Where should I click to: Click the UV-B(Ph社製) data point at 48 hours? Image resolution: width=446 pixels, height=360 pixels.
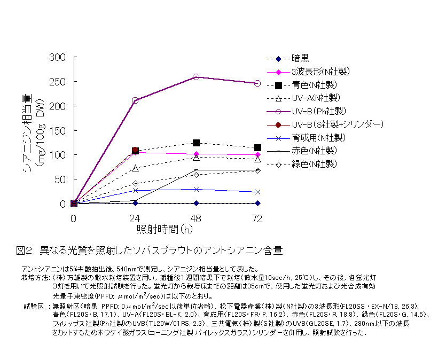196,77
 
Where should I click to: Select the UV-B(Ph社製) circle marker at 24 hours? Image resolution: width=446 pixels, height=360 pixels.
135,100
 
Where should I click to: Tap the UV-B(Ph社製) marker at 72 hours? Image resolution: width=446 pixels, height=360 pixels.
257,83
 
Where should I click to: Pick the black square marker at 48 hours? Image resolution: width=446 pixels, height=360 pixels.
196,143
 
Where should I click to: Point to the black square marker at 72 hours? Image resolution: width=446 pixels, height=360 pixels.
257,147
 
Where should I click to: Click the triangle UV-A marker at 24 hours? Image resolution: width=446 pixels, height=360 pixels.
135,168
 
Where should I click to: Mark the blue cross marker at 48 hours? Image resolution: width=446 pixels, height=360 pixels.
196,189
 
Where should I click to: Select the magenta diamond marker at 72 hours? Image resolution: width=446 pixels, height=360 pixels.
257,155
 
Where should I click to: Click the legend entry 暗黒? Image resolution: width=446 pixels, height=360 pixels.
300,59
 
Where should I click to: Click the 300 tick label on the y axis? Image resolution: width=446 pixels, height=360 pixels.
57,58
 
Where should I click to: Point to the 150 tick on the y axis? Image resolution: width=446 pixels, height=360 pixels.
57,131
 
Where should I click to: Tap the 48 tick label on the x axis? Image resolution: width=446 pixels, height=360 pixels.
196,218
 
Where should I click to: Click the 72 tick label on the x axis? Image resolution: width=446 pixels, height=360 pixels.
257,218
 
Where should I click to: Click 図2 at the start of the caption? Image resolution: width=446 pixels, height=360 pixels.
25,250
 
